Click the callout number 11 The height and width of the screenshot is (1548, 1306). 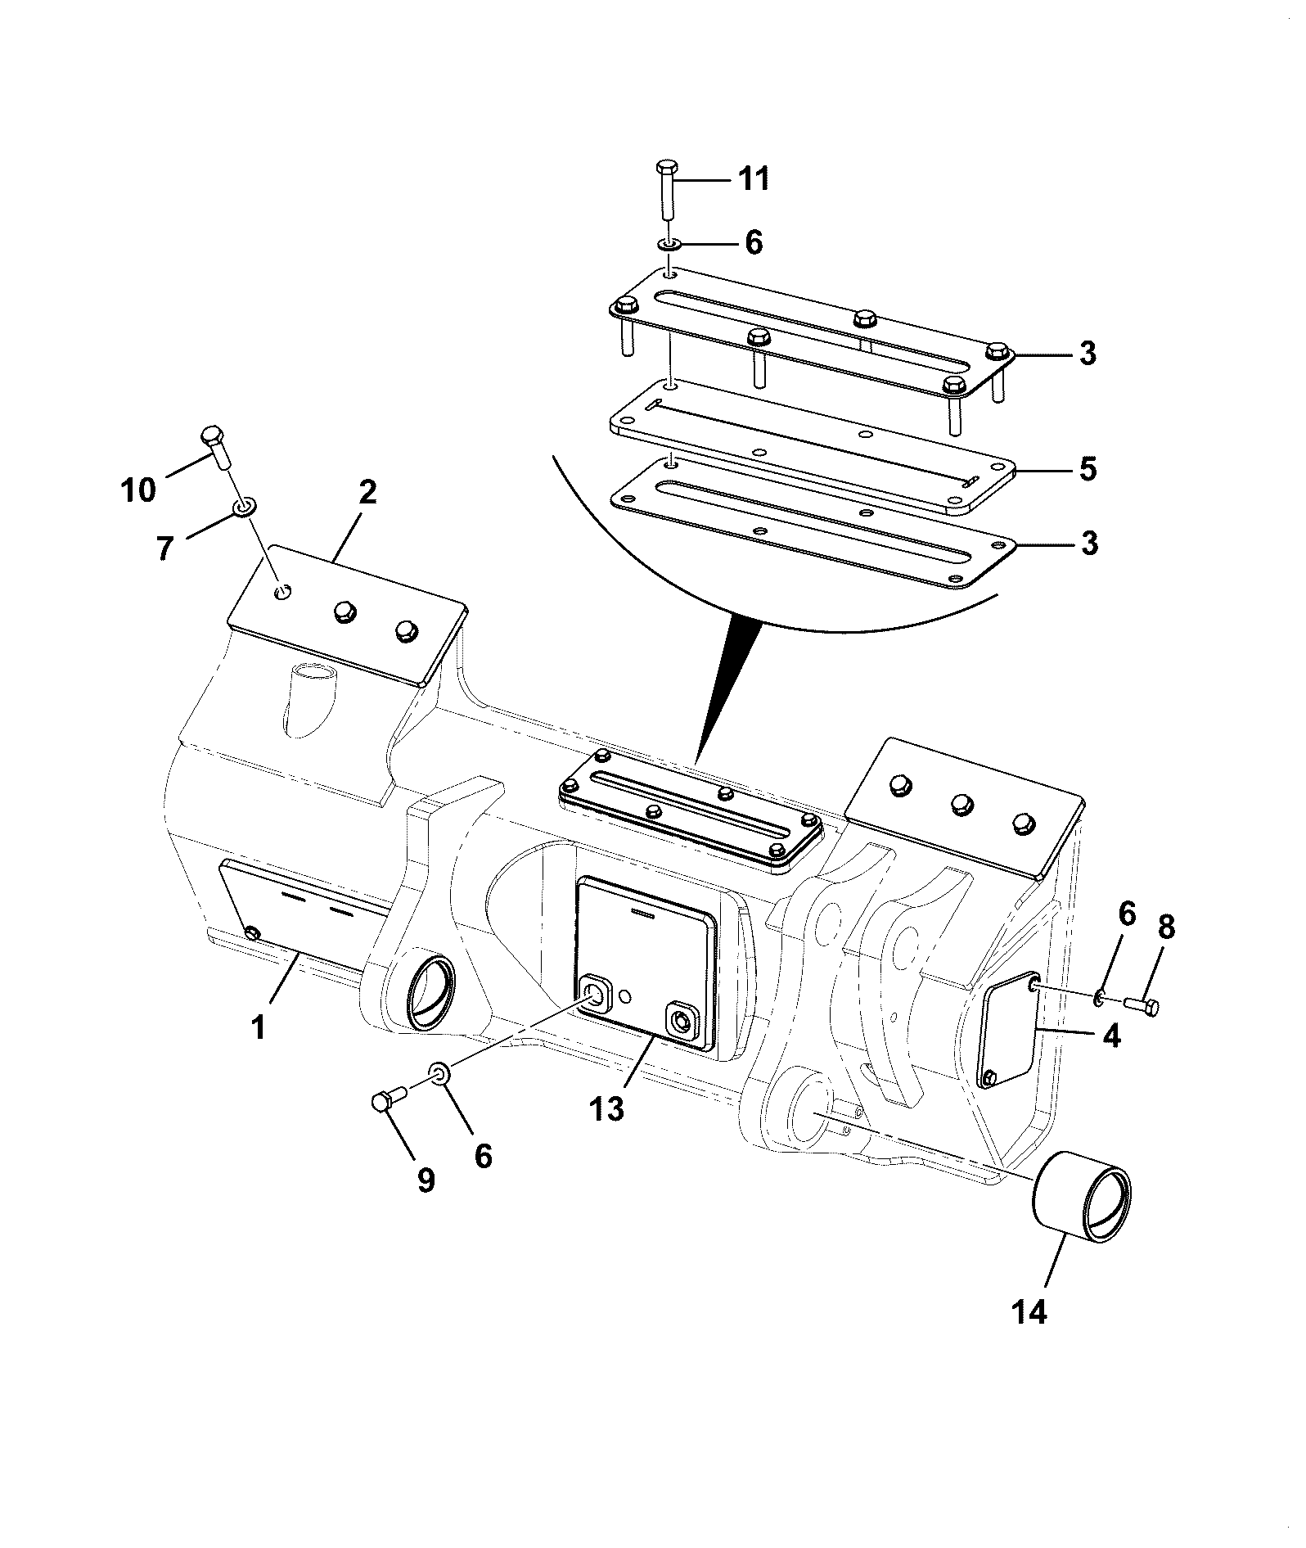[x=754, y=178]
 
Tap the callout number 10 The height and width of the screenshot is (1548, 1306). [x=137, y=490]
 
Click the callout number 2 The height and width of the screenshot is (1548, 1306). [x=367, y=492]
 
